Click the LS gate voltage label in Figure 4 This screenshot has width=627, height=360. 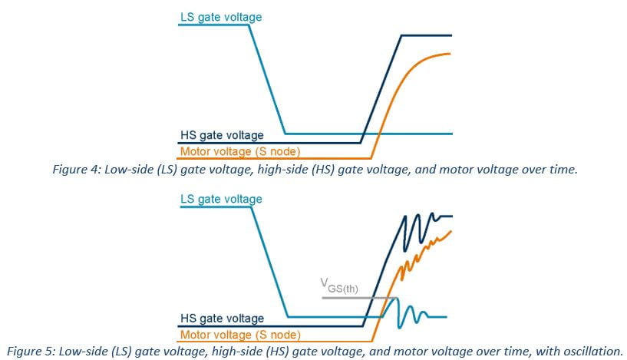221,17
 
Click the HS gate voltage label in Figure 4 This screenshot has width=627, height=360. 222,135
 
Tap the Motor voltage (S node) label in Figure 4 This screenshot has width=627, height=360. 240,152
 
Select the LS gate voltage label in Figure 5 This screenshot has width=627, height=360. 221,200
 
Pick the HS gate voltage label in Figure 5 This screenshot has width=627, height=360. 222,319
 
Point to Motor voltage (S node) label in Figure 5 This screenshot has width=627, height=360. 240,335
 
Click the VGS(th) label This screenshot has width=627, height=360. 339,286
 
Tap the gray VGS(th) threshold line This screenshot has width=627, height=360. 359,298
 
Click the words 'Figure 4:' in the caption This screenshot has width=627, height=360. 77,170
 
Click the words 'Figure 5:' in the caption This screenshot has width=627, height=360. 31,352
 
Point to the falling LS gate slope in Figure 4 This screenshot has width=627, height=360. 267,79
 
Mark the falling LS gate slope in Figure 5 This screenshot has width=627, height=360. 270,262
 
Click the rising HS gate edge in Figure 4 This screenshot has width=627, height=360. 381,89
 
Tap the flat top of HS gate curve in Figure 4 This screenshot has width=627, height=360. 427,35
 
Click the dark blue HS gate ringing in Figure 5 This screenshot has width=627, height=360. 420,230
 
